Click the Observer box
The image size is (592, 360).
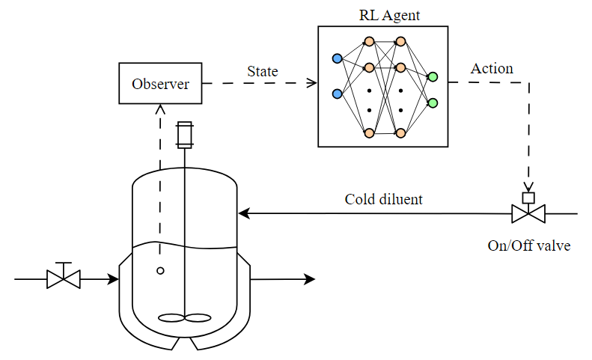(160, 83)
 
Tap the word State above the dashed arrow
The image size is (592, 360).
(262, 72)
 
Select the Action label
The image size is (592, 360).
(492, 69)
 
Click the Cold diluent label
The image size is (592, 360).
(383, 200)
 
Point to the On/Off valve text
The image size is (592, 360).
(528, 245)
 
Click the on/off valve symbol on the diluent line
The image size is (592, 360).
(528, 214)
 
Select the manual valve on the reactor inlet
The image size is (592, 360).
(64, 279)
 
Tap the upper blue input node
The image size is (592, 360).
(337, 58)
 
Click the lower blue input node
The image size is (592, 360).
(337, 94)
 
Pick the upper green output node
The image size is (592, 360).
(432, 76)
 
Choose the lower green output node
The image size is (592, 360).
(432, 103)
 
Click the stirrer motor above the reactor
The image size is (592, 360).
(184, 135)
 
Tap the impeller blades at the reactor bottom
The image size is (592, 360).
(184, 317)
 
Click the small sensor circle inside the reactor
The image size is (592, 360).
(160, 271)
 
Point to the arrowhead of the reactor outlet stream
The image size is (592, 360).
(310, 280)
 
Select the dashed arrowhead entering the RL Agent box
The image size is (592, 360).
(313, 83)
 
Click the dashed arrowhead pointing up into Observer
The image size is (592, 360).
(160, 109)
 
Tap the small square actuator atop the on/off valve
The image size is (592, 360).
(528, 198)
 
